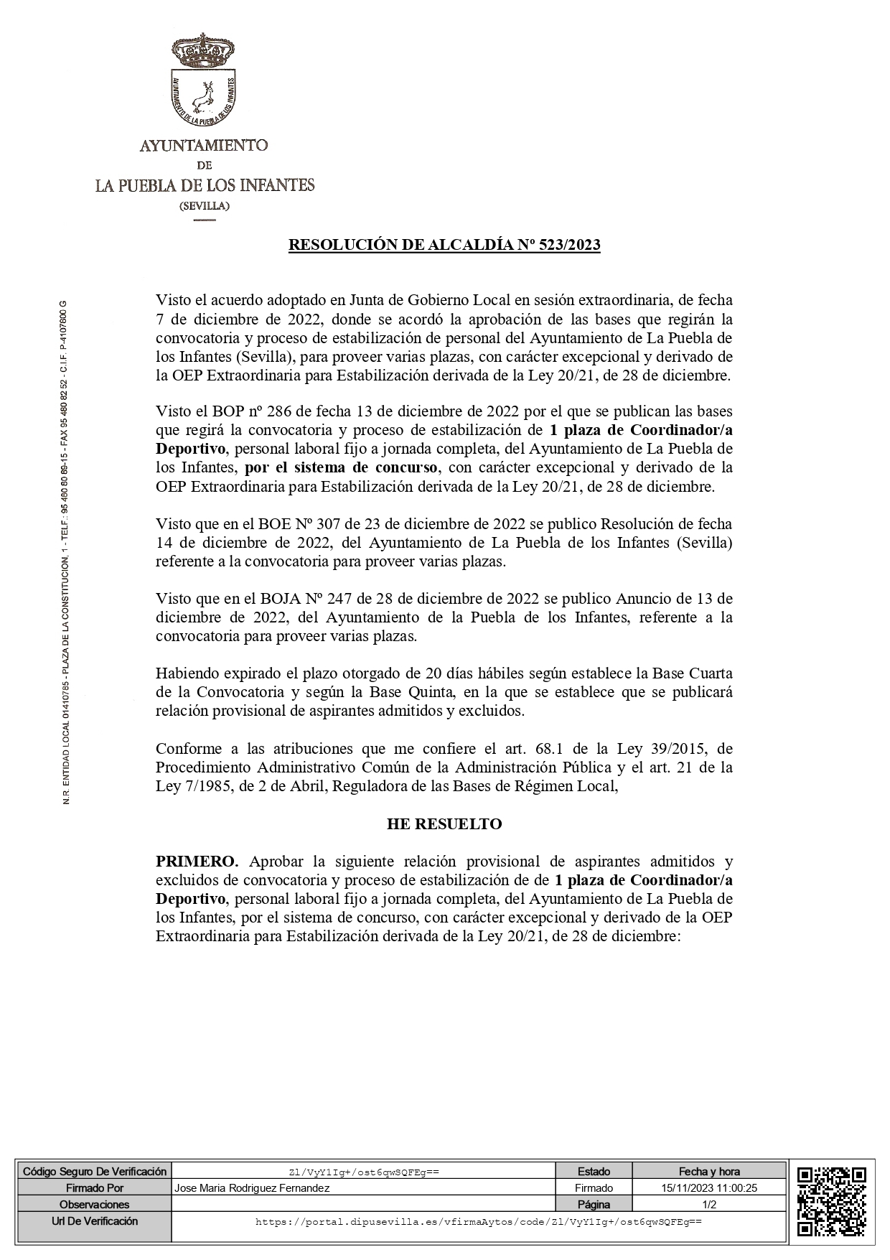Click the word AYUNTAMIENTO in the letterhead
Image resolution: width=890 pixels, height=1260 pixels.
204,146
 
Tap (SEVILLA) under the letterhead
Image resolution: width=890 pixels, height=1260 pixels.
205,206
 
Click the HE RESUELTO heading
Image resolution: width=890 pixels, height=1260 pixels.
444,823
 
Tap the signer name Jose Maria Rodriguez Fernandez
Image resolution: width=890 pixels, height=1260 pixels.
253,1188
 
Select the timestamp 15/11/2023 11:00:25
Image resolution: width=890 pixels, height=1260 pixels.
709,1188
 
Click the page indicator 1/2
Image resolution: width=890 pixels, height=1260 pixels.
709,1205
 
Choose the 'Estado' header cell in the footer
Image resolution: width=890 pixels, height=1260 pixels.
594,1172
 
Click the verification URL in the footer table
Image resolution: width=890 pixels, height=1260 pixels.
478,1221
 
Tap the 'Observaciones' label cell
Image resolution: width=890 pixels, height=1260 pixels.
94,1205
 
